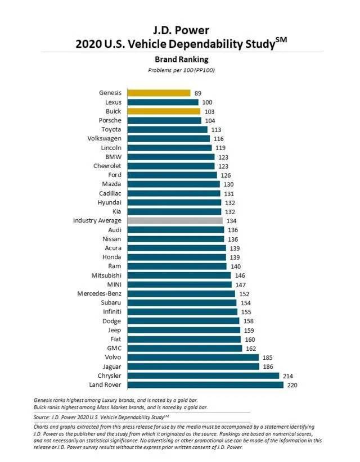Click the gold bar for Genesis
coord(157,93)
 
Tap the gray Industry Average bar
coord(175,221)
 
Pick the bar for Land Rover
coord(205,385)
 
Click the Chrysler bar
coord(203,375)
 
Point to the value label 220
coord(292,385)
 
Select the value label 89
coord(198,93)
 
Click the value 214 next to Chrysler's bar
coord(288,375)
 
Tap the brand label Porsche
coord(109,120)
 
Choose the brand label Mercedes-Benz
coord(101,293)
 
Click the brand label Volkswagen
coord(105,138)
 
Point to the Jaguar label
coord(111,366)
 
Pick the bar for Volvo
coord(193,357)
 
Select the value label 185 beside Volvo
coord(268,357)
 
